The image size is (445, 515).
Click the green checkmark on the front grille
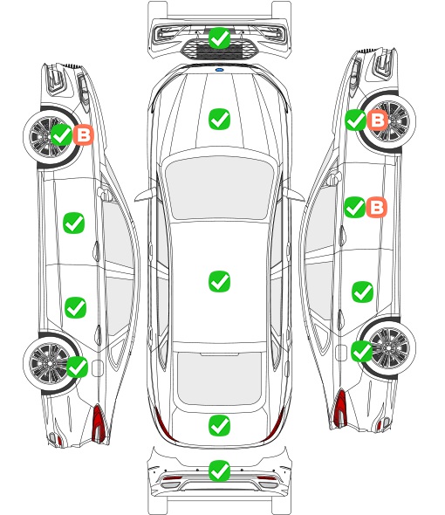(219, 38)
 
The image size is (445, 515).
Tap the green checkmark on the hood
(219, 119)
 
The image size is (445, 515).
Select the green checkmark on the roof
(219, 281)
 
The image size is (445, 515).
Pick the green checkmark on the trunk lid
(219, 426)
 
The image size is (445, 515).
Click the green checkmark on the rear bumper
(219, 471)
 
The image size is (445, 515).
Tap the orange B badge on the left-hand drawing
(84, 134)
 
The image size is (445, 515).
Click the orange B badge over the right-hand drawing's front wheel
(378, 120)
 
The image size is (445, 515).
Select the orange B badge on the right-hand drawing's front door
(377, 207)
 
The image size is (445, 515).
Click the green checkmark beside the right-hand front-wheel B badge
(356, 120)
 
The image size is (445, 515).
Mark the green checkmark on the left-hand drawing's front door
(74, 223)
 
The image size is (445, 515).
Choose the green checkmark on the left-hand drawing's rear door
(76, 308)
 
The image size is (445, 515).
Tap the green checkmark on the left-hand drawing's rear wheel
(77, 367)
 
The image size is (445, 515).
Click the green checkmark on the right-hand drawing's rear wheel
(362, 352)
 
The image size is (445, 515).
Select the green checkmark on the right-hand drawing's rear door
(363, 292)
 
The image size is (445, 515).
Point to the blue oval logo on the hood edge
(219, 70)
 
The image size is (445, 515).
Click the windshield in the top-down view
(219, 188)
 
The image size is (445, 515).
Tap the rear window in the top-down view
(219, 379)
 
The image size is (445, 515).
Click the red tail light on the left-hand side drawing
(99, 423)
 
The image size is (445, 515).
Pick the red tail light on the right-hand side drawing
(340, 408)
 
